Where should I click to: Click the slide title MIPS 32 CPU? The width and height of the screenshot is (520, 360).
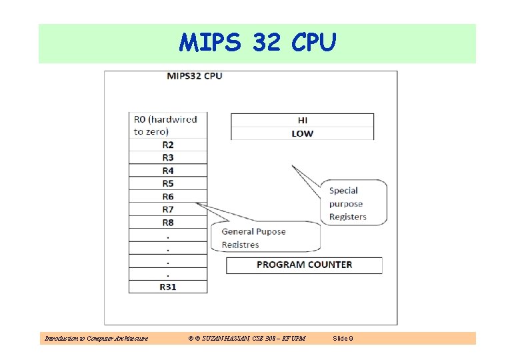[257, 43]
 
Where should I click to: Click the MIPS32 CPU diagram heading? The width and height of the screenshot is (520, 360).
[194, 76]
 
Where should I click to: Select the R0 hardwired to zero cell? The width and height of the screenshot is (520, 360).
[167, 125]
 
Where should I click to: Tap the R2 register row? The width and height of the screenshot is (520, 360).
[167, 145]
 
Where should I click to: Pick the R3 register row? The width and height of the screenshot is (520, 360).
[167, 157]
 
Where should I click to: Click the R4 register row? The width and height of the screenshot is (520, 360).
[167, 171]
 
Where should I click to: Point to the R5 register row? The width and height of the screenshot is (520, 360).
[167, 183]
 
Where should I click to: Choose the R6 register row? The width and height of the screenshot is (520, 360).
[167, 197]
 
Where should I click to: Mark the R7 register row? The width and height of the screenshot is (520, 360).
[167, 209]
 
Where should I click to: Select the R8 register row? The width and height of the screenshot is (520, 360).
[167, 223]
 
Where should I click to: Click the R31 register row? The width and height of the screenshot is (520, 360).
[167, 287]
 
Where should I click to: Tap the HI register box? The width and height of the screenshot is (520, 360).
[302, 121]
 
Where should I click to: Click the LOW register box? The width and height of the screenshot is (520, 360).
[302, 133]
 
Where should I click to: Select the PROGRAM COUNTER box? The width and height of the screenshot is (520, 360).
[304, 265]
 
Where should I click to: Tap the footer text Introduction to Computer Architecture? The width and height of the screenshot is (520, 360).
[96, 339]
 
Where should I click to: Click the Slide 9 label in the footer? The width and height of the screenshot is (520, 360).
[343, 339]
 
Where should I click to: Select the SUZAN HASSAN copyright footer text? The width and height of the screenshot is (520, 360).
[247, 339]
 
